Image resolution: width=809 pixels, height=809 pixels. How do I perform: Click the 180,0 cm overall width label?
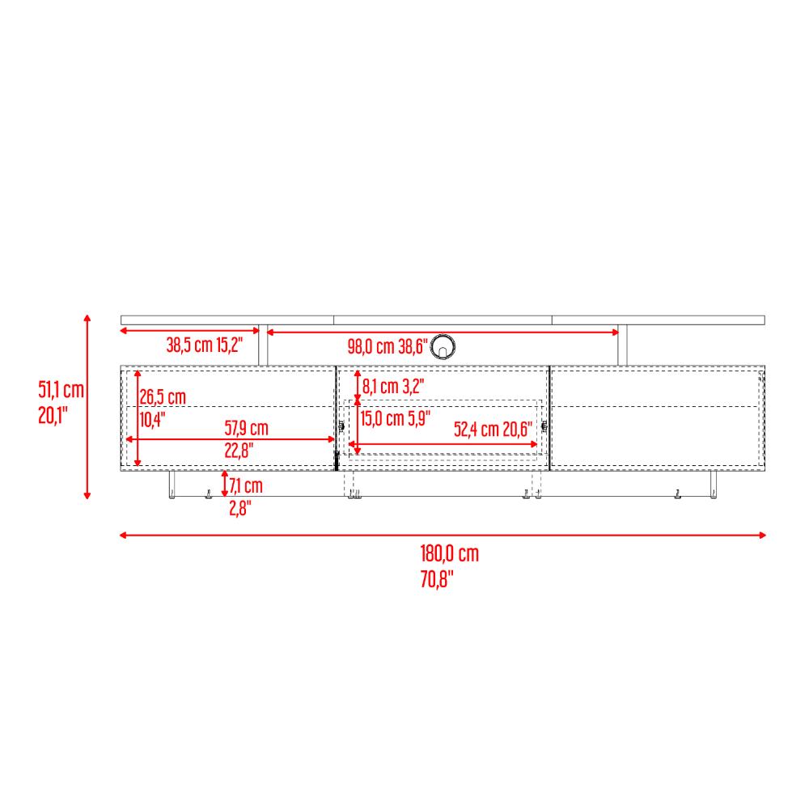pos(449,553)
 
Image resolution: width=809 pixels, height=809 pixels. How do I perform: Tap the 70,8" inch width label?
pos(437,579)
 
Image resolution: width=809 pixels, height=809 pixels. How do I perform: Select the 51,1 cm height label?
pos(61,390)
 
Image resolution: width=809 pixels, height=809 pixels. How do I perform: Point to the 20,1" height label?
pos(53,415)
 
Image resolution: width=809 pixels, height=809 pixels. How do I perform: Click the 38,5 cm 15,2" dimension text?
pos(205,345)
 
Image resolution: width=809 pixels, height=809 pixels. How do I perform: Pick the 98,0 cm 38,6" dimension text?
pos(388,346)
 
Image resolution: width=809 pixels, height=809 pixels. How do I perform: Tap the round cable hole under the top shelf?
pos(443,346)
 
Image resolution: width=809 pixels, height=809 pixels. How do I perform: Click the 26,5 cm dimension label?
pos(163,396)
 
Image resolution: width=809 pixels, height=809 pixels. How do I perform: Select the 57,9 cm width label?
pos(246,428)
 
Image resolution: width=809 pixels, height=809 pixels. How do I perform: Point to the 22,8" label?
pos(239,451)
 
